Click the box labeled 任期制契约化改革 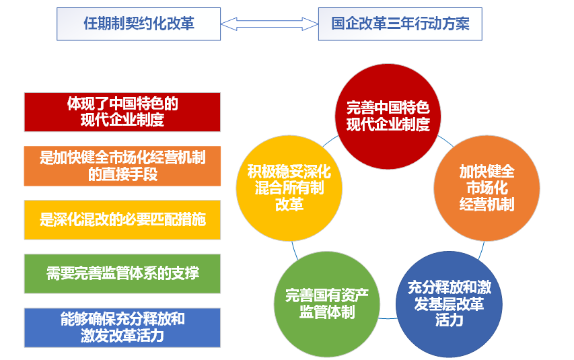click(x=139, y=24)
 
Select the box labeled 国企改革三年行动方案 click(x=400, y=24)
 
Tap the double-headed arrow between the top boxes click(x=269, y=24)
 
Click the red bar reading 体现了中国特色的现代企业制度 click(x=122, y=112)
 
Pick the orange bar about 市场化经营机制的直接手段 click(x=122, y=166)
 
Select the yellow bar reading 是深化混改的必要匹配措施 click(x=122, y=220)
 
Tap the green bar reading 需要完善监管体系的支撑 click(x=122, y=274)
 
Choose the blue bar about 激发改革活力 click(x=122, y=328)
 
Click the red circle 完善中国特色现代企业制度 click(x=388, y=116)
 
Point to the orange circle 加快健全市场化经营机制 click(x=487, y=188)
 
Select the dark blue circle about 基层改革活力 click(x=449, y=304)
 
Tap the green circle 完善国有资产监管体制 click(x=327, y=304)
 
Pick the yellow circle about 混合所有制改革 click(x=289, y=188)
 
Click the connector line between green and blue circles click(x=388, y=318)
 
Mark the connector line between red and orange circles click(x=446, y=141)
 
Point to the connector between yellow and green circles click(x=295, y=250)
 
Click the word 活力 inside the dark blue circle click(x=449, y=320)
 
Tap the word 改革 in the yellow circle click(x=289, y=205)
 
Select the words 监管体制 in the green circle click(x=327, y=312)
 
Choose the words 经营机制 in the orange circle click(x=487, y=205)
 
